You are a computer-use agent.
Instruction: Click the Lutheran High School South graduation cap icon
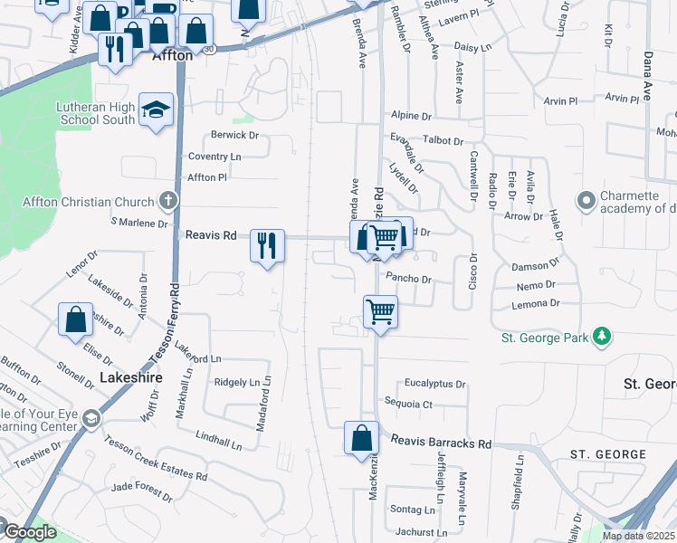[157, 110]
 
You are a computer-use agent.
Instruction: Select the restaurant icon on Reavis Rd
[267, 246]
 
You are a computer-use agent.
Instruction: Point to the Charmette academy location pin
[586, 199]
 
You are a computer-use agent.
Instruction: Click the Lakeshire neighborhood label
[125, 376]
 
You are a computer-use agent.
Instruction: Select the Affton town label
[172, 54]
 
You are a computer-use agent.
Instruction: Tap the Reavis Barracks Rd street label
[441, 443]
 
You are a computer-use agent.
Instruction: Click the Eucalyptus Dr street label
[435, 384]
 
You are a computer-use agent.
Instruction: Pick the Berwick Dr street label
[234, 135]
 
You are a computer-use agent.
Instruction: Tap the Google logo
[29, 532]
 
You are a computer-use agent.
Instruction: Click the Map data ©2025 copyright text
[637, 536]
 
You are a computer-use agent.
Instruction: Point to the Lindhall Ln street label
[221, 439]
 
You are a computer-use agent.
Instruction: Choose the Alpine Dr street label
[411, 116]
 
